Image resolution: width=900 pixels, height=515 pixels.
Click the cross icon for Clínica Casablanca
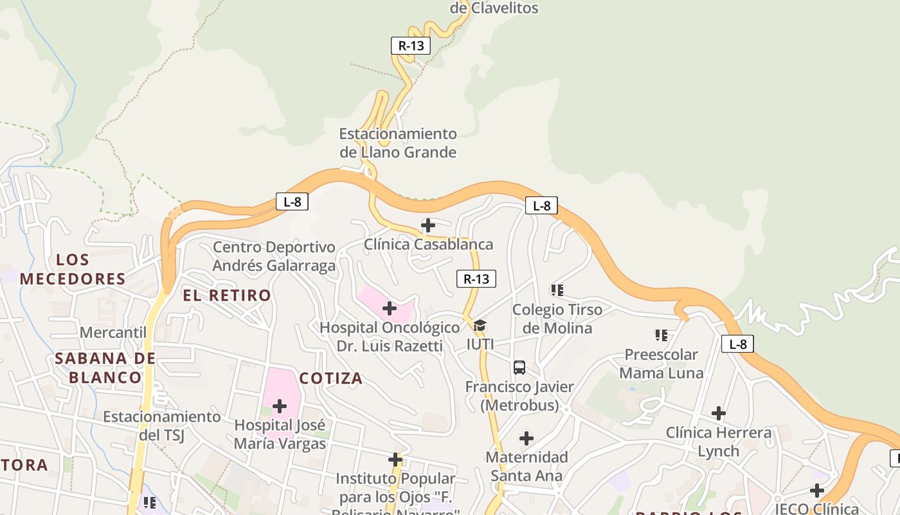click(428, 225)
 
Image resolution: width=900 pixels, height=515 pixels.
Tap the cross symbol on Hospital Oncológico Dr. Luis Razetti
click(390, 308)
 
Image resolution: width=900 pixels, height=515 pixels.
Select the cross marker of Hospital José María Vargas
click(280, 406)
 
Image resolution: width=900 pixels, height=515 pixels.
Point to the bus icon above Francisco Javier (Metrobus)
click(519, 368)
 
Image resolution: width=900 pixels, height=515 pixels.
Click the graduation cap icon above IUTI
click(480, 325)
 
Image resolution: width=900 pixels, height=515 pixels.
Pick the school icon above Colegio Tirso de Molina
click(557, 290)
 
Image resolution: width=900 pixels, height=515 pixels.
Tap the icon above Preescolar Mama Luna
click(661, 335)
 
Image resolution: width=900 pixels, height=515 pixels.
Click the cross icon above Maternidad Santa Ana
click(526, 438)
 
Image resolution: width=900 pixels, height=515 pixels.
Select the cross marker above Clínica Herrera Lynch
click(719, 413)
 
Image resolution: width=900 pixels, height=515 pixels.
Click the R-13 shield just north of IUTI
click(476, 279)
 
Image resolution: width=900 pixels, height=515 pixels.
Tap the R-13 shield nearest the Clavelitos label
click(411, 46)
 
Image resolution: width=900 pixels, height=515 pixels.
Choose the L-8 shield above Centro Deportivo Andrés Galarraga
click(292, 201)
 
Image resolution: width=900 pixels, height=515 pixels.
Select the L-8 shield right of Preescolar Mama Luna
click(737, 344)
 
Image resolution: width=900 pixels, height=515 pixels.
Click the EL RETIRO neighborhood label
click(227, 295)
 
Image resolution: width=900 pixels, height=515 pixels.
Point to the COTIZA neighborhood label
click(331, 378)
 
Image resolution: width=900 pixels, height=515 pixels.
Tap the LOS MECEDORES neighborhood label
click(73, 270)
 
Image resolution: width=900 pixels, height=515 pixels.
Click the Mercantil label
click(113, 332)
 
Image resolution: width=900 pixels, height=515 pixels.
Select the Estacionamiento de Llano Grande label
click(398, 143)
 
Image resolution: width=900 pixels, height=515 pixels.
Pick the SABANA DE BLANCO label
click(105, 368)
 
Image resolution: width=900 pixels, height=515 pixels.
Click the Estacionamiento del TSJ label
click(162, 426)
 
